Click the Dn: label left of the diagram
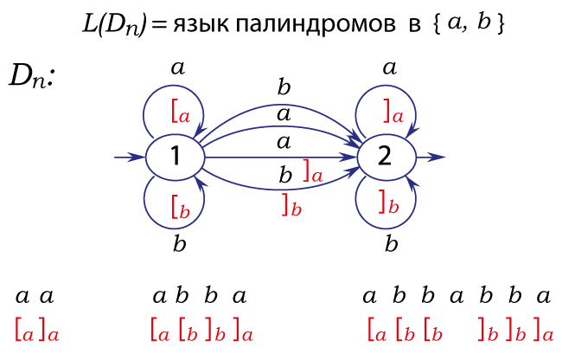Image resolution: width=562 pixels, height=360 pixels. pos(31,76)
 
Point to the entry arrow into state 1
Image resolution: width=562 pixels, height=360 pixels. pos(130,157)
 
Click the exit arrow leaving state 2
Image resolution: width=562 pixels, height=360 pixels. pos(431,157)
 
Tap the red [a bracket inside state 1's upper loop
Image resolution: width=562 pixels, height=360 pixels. pos(181,112)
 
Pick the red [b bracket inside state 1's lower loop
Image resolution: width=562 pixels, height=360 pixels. pos(181,207)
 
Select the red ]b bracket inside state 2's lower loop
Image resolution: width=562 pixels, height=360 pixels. pos(389,203)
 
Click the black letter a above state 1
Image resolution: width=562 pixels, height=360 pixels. pos(178,68)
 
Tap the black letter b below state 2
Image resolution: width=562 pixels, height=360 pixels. pos(392,244)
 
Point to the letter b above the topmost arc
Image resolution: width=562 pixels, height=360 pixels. pos(284,87)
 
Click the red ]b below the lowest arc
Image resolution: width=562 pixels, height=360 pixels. pos(291,205)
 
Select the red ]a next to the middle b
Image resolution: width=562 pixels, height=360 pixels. pos(313,171)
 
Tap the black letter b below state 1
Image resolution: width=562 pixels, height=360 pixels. pos(180,244)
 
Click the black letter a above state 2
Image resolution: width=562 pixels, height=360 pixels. pos(390,68)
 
